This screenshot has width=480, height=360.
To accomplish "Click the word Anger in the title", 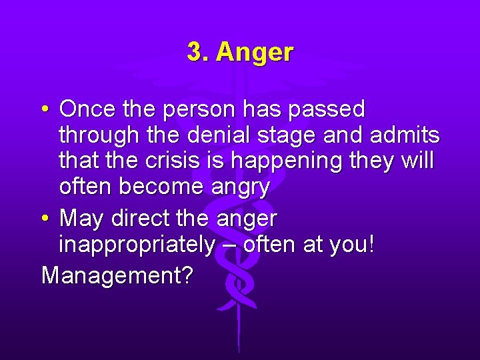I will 255,52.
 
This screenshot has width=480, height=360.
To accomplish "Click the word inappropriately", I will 137,245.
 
